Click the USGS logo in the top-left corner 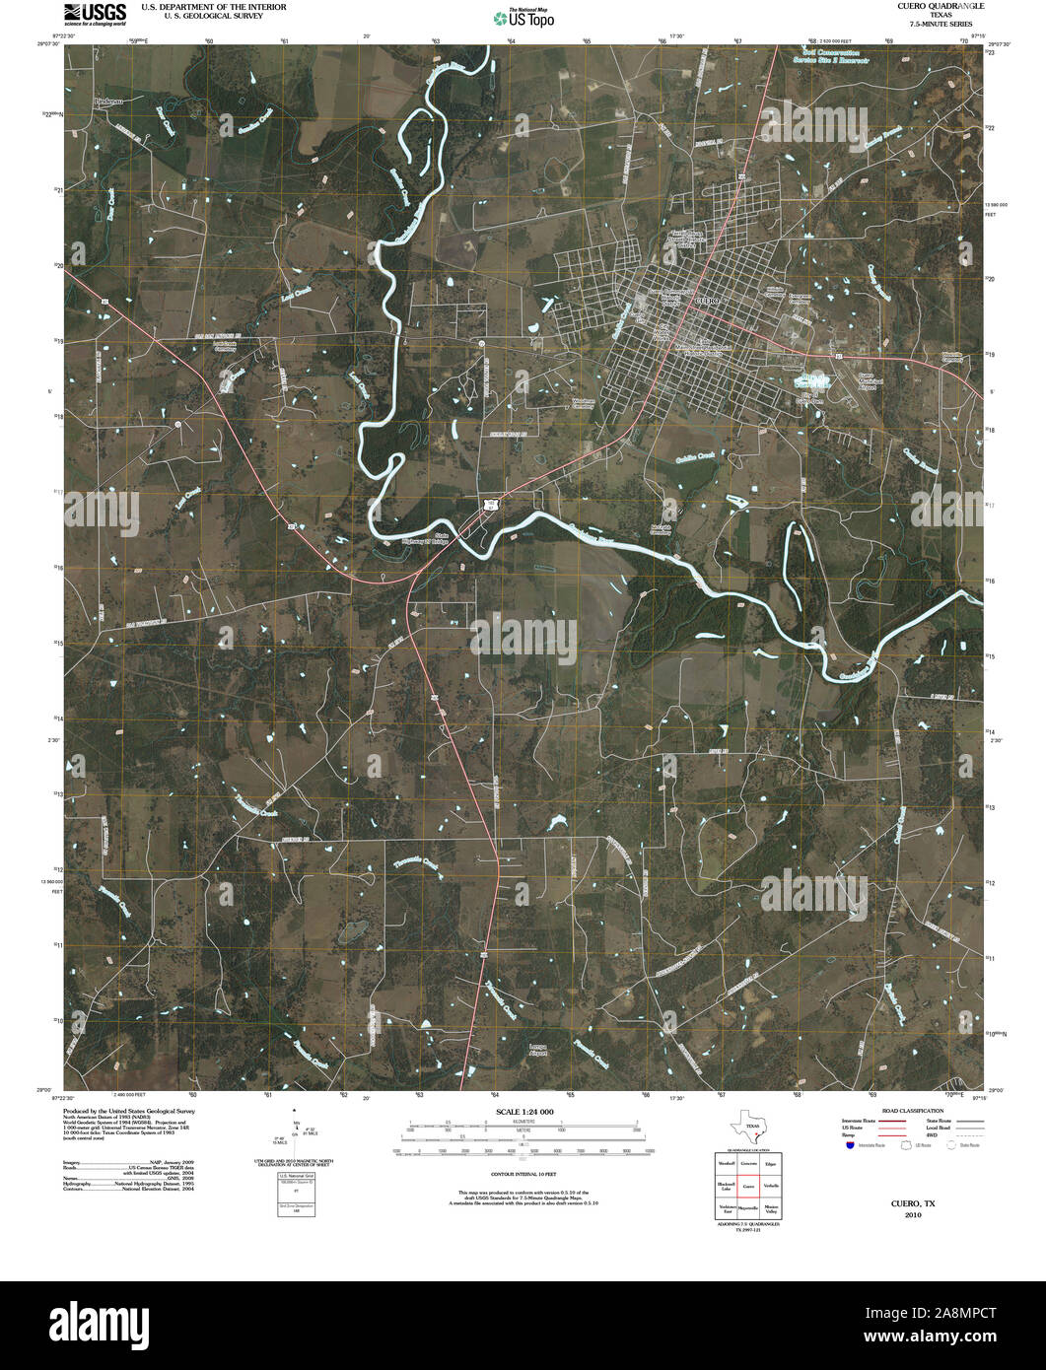coord(95,12)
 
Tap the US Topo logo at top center coord(523,16)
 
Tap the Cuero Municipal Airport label coord(868,381)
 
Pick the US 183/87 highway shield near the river coord(490,505)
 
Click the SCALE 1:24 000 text coord(525,1112)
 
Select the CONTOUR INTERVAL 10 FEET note coord(525,1175)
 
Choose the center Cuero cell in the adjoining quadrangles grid coord(749,1186)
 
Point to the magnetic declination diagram coord(295,1133)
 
